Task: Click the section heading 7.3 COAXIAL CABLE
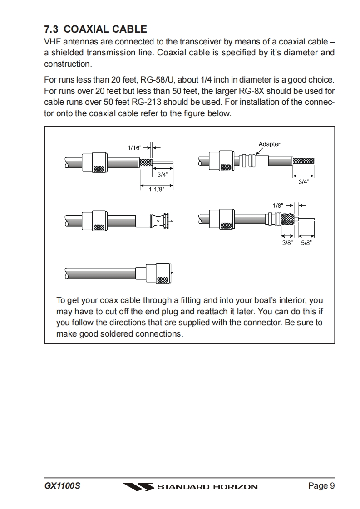pos(95,29)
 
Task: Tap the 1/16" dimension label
pos(134,148)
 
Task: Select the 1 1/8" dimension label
pos(156,190)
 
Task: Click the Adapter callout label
pos(269,144)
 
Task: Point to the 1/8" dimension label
pos(278,206)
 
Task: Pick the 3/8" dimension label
pos(287,243)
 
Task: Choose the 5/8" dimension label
pos(306,243)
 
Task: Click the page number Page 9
pos(321,486)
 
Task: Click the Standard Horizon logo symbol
pos(138,487)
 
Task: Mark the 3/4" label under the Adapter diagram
pos(303,182)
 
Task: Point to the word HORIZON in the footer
pos(235,487)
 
